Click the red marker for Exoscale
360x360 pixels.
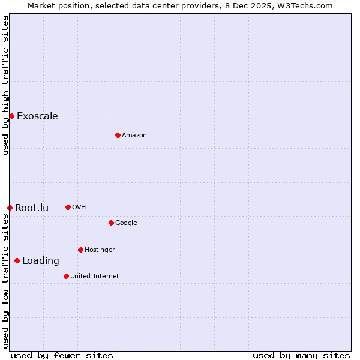pyautogui.click(x=11, y=116)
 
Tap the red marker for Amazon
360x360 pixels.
pyautogui.click(x=118, y=135)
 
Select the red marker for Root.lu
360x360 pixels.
pyautogui.click(x=10, y=208)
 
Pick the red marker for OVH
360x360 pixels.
pyautogui.click(x=68, y=207)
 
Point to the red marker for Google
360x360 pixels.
pyautogui.click(x=111, y=223)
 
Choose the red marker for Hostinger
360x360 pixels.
pyautogui.click(x=80, y=250)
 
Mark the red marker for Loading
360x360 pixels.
pyautogui.click(x=17, y=260)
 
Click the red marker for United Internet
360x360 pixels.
pyautogui.click(x=66, y=276)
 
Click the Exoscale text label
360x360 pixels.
pyautogui.click(x=37, y=116)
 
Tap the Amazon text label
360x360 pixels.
pyautogui.click(x=134, y=136)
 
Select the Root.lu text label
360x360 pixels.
pyautogui.click(x=32, y=208)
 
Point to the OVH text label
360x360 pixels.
pyautogui.click(x=79, y=208)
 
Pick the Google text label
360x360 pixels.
pyautogui.click(x=126, y=223)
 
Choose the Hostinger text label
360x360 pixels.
pyautogui.click(x=100, y=250)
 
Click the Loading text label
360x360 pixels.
pyautogui.click(x=41, y=261)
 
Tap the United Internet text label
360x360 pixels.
pyautogui.click(x=95, y=277)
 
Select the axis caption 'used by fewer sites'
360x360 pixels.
pyautogui.click(x=62, y=355)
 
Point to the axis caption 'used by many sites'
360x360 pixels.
pyautogui.click(x=301, y=355)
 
